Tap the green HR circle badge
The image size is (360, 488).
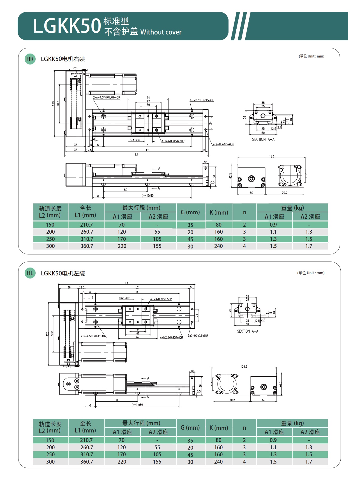tap(30, 59)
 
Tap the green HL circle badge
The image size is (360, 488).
tap(30, 273)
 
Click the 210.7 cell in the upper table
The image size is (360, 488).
tap(86, 225)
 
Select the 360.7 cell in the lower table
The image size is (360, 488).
tap(86, 462)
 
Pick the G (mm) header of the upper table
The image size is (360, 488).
tap(190, 212)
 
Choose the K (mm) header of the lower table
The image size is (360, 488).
tap(219, 428)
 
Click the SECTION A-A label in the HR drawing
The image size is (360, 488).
tap(263, 139)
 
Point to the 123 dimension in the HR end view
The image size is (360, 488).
tap(271, 156)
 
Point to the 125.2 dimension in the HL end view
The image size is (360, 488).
tap(244, 367)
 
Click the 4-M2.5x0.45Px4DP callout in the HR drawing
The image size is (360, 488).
tap(202, 100)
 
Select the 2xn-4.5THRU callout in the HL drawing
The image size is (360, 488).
tap(93, 336)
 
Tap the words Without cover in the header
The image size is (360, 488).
tap(161, 32)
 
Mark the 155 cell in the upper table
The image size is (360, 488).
tap(157, 246)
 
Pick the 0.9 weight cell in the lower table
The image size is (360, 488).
tap(273, 440)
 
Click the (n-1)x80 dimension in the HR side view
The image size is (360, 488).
tap(147, 195)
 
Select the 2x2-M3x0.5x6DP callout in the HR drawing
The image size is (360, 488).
tap(223, 144)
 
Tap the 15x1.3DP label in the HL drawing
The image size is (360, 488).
tap(124, 298)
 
